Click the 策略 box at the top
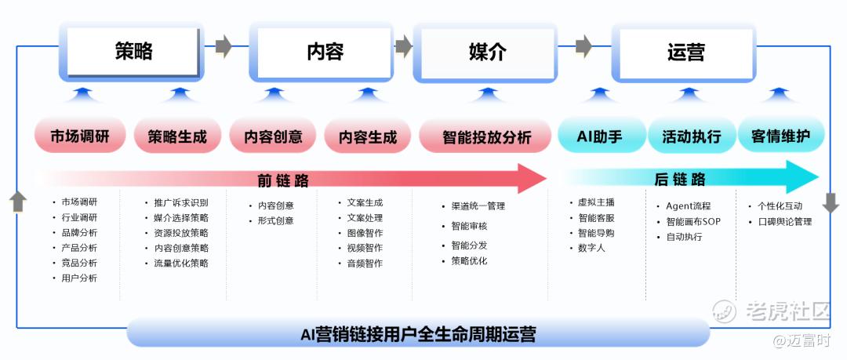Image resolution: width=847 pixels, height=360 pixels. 132,53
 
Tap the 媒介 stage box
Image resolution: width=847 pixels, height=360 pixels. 486,53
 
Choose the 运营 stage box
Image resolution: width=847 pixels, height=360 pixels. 685,53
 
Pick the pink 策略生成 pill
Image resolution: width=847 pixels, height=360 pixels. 177,136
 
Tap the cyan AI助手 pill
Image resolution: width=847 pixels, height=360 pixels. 599,136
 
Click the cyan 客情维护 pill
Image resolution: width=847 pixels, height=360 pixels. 780,136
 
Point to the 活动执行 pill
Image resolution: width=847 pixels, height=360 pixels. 691,136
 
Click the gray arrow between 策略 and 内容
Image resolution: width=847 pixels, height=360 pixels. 224,45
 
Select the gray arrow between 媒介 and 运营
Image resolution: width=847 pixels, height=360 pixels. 583,45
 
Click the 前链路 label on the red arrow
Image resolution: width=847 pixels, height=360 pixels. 283,180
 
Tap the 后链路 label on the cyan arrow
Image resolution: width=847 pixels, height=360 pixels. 680,180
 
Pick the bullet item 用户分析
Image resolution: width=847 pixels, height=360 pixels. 79,278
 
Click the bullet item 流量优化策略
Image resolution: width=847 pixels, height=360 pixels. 181,263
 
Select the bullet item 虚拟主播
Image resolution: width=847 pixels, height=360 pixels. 596,202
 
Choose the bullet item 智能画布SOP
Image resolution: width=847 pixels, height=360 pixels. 693,221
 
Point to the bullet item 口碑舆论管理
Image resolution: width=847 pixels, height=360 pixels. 784,221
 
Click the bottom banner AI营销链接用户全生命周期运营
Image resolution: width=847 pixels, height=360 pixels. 418,334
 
